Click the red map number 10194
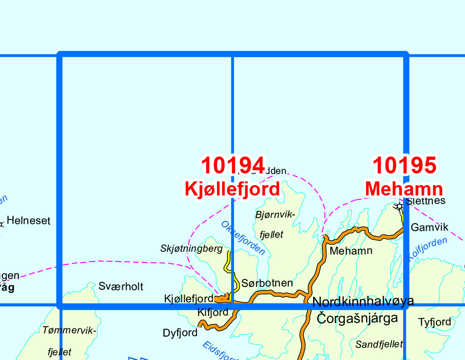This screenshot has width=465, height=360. [233, 165]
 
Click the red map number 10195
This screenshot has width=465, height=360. [405, 165]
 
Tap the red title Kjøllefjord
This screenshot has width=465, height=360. [232, 189]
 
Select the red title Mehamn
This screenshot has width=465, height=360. [404, 189]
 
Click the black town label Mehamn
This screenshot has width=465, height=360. [351, 251]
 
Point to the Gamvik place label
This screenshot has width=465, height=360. [429, 228]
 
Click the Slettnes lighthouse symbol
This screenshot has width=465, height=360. [399, 206]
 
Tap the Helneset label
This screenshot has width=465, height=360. [28, 221]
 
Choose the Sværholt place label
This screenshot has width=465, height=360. [121, 286]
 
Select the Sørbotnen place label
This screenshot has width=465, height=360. [267, 283]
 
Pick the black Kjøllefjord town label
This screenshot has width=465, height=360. [188, 299]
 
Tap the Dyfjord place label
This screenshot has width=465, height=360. [180, 333]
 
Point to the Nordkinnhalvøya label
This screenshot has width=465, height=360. [363, 301]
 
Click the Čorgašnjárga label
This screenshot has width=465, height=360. [357, 319]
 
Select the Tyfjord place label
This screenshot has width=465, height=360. [435, 322]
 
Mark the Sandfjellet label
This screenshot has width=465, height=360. [379, 345]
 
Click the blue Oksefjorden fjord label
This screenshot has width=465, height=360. [243, 238]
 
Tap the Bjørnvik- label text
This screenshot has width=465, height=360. [275, 215]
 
